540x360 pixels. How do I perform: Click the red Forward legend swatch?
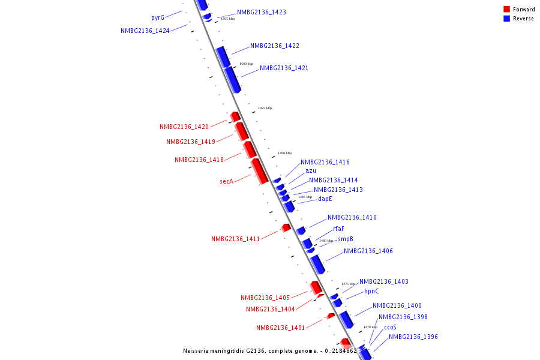[507, 9]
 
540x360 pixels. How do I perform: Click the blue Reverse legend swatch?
[507, 19]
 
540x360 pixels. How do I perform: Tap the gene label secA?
[226, 181]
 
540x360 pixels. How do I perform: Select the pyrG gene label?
[158, 18]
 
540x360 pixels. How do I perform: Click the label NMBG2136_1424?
[145, 31]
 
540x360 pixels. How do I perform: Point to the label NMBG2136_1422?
[274, 46]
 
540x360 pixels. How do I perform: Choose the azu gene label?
[311, 170]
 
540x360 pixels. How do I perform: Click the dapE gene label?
[325, 199]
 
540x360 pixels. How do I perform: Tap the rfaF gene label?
[338, 229]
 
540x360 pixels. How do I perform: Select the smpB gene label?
[345, 239]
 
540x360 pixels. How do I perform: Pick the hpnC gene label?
[371, 291]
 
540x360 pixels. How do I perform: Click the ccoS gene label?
[390, 327]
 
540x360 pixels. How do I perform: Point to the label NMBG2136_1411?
[235, 239]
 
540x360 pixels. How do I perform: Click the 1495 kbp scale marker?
[265, 108]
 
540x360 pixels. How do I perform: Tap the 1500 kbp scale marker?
[246, 64]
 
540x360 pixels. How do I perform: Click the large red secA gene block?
[259, 171]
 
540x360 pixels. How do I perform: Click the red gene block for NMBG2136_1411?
[286, 227]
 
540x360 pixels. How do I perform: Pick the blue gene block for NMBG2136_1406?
[317, 263]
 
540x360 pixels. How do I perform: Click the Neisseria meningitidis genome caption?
[269, 351]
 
